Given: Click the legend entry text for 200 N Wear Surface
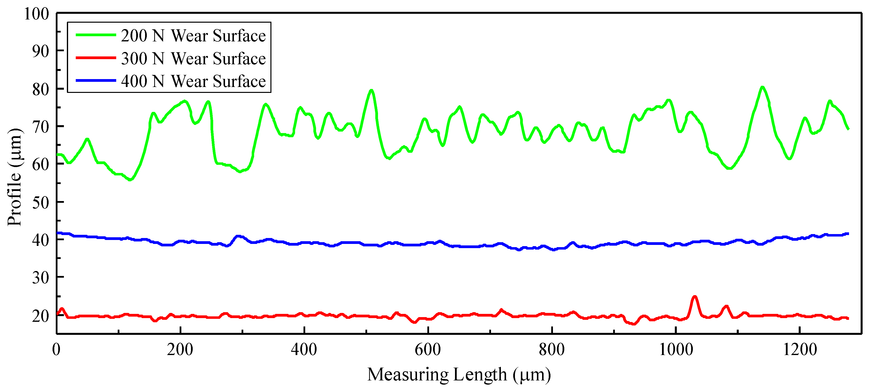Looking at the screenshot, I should pyautogui.click(x=193, y=36).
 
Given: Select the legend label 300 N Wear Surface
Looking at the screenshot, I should pyautogui.click(x=193, y=59).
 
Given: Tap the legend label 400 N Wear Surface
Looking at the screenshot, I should pyautogui.click(x=193, y=81).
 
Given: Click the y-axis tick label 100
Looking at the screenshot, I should pyautogui.click(x=37, y=14).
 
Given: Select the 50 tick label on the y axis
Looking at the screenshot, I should pyautogui.click(x=40, y=203).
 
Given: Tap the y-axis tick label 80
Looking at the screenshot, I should pyautogui.click(x=40, y=89).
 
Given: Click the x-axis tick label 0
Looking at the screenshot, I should pyautogui.click(x=57, y=349).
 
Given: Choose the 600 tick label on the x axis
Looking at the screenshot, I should pyautogui.click(x=428, y=349).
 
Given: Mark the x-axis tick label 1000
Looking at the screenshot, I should pyautogui.click(x=676, y=349).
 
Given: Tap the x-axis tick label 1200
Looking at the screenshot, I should pyautogui.click(x=799, y=349).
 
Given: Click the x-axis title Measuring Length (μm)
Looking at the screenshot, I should pyautogui.click(x=459, y=375).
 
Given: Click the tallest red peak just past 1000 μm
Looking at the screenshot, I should pyautogui.click(x=694, y=297).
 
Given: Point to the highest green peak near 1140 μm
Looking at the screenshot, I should pyautogui.click(x=762, y=87).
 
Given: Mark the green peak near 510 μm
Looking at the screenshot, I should pyautogui.click(x=371, y=90).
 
